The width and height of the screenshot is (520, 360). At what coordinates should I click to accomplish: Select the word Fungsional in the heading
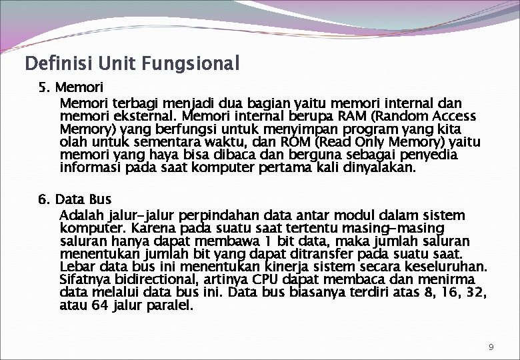point(197,65)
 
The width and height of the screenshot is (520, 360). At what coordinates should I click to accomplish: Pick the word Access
point(451,116)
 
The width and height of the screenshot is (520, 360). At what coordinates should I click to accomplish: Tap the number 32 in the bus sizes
point(475,293)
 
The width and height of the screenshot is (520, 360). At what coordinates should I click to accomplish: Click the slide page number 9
point(491,347)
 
